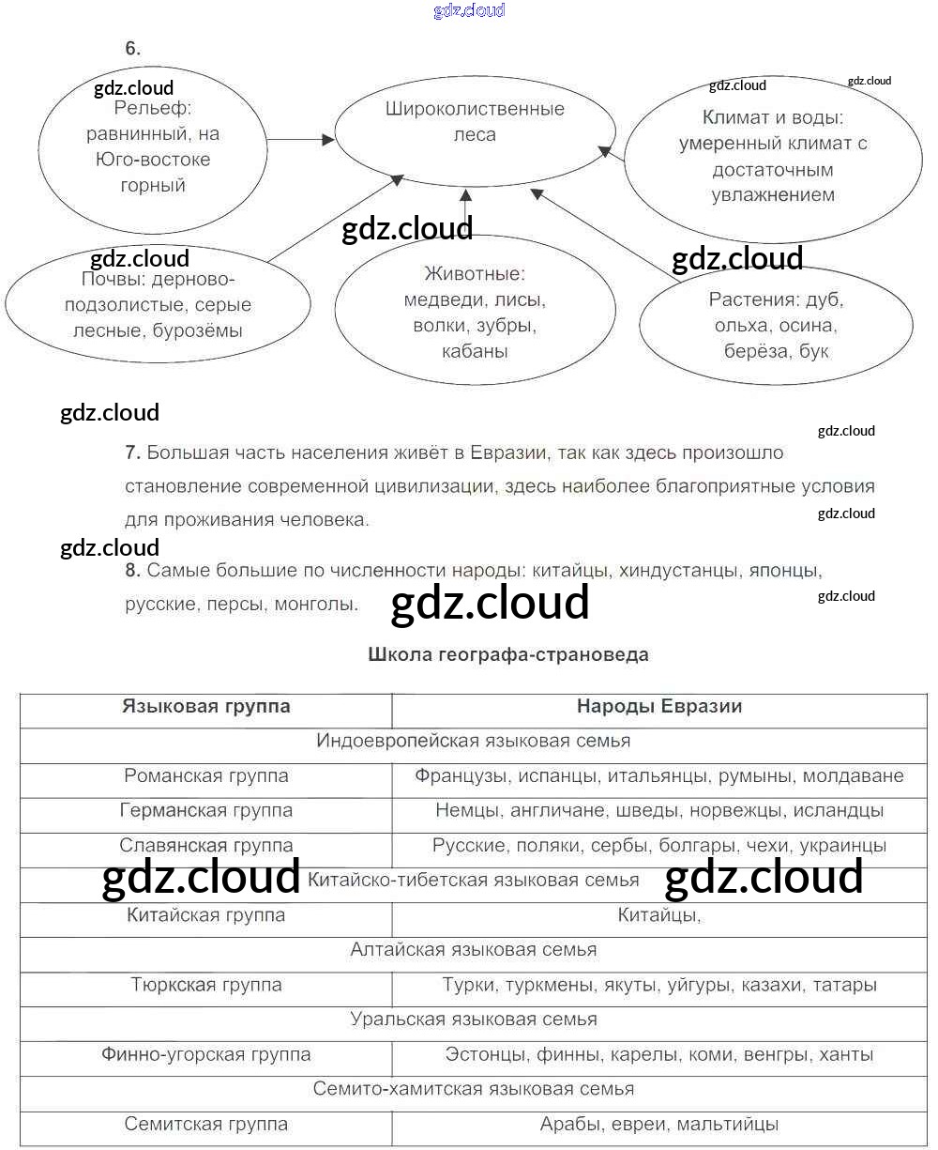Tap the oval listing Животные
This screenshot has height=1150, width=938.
click(475, 313)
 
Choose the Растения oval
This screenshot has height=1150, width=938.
click(776, 325)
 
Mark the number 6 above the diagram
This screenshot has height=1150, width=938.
click(132, 49)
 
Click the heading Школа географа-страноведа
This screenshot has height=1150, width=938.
click(508, 654)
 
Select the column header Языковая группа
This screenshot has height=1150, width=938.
click(206, 707)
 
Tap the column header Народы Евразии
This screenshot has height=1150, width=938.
click(658, 707)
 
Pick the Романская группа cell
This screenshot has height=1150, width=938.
click(206, 776)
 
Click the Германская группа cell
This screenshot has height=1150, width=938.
click(206, 810)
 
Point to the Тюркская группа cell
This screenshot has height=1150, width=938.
click(206, 985)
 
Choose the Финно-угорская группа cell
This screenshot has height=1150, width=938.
click(206, 1054)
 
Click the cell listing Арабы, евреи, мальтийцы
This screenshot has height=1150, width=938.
click(658, 1124)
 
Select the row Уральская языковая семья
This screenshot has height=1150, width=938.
click(474, 1020)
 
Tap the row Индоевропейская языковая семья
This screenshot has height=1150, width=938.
click(474, 741)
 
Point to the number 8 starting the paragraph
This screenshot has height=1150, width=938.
click(131, 570)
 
